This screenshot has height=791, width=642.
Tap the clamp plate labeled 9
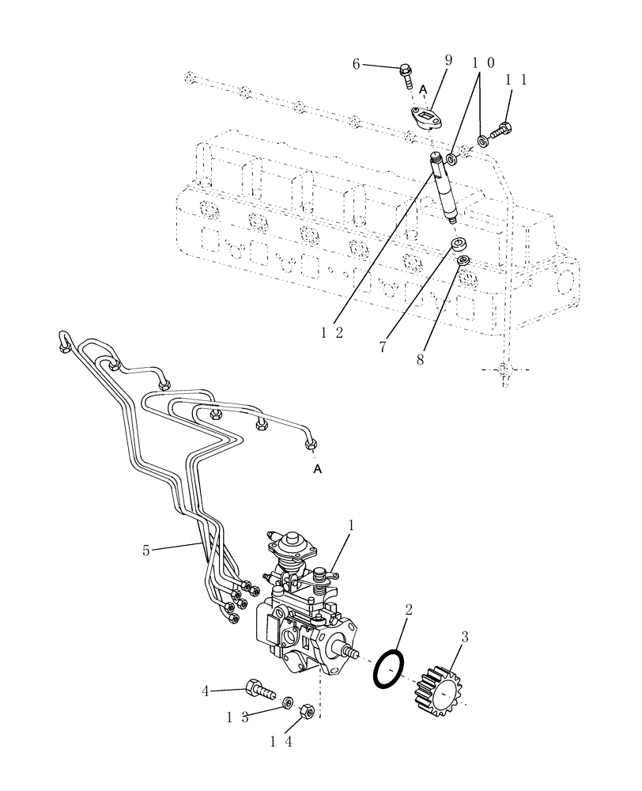[429, 118]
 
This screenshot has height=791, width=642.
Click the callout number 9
[449, 60]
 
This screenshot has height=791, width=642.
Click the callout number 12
[332, 333]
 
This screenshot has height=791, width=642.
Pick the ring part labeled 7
[457, 244]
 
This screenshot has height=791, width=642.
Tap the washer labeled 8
[464, 260]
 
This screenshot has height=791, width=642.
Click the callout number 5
[146, 549]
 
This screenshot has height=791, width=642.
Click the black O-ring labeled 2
[389, 668]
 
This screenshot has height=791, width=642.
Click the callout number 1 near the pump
[351, 524]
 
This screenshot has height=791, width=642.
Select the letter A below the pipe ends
[318, 470]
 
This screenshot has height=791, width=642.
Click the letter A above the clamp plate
[423, 89]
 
